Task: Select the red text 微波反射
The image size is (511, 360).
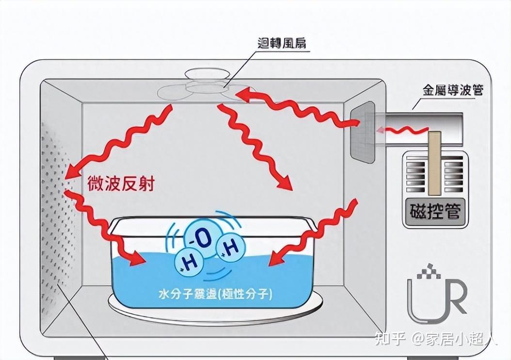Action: click(x=121, y=184)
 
